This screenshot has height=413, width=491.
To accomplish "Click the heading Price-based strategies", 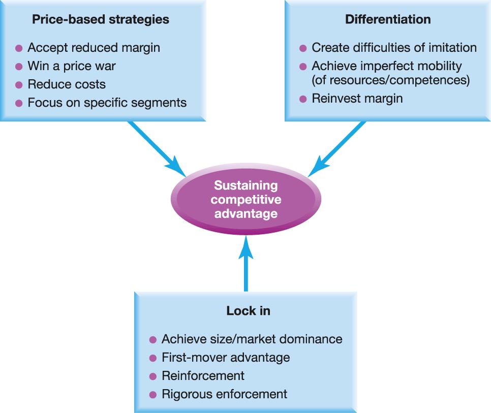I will click(x=101, y=20).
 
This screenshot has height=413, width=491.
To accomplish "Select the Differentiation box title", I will click(x=388, y=20).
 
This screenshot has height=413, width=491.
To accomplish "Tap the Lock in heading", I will click(x=248, y=311).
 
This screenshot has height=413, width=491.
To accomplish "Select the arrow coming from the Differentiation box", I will click(x=337, y=147).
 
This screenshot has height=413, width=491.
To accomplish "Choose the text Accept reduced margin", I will click(x=94, y=48).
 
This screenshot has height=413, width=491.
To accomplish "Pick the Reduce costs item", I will click(x=67, y=84).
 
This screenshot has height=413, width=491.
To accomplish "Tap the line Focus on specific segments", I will click(x=107, y=103).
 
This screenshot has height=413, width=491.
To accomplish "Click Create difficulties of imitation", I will click(x=394, y=48).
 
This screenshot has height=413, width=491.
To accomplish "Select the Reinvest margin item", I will click(x=357, y=99).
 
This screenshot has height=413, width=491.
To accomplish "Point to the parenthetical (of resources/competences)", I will click(x=390, y=80).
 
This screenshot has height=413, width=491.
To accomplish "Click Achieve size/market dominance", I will click(x=252, y=339).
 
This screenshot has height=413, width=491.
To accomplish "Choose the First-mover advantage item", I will click(x=226, y=357).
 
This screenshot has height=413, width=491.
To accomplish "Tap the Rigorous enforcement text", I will click(x=224, y=394).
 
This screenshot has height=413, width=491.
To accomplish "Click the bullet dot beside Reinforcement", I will click(x=153, y=376).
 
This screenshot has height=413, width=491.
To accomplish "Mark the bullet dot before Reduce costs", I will click(x=19, y=85).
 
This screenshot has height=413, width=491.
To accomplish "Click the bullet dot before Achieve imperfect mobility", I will click(x=303, y=66).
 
